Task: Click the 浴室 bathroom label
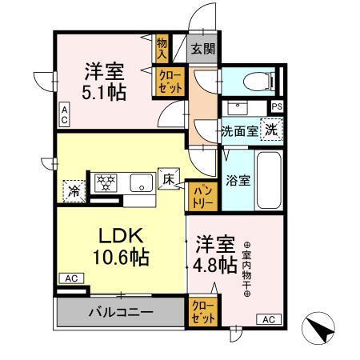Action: pyautogui.click(x=237, y=180)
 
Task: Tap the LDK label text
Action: pyautogui.click(x=120, y=237)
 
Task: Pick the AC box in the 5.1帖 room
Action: pyautogui.click(x=64, y=114)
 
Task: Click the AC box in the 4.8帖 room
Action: pyautogui.click(x=267, y=319)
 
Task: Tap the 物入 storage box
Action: pyautogui.click(x=162, y=47)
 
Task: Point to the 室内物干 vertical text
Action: pyautogui.click(x=247, y=269)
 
